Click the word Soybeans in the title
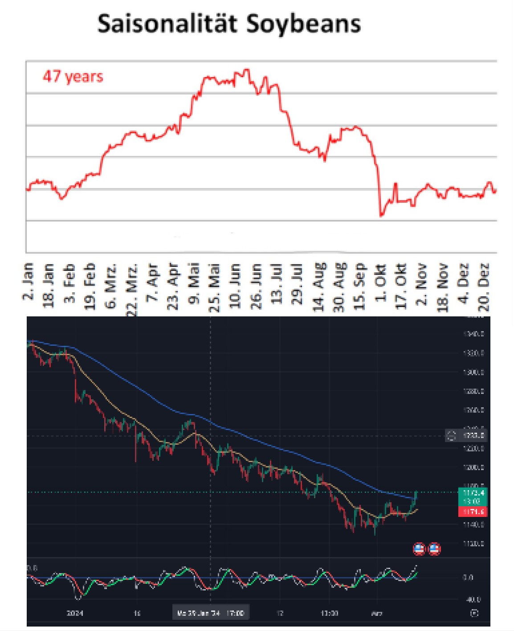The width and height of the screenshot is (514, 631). pos(303,24)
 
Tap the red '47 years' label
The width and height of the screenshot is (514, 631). pos(73,76)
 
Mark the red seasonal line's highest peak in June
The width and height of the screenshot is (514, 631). pos(247,70)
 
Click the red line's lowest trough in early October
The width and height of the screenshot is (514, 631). pos(381,216)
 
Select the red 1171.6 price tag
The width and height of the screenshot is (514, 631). pos(473,512)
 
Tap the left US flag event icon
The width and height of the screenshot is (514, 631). pos(419,549)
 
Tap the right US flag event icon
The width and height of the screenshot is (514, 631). pos(434,549)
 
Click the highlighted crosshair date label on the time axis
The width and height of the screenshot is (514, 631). pos(211,613)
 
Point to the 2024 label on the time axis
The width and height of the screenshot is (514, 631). pos(75,613)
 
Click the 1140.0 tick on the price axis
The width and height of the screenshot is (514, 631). pos(473,524)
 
